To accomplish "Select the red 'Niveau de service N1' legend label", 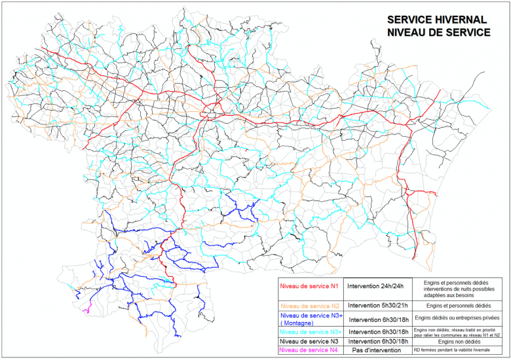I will click(x=309, y=286).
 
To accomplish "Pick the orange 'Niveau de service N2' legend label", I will click(x=309, y=306).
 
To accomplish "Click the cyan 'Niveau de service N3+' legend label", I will click(x=309, y=332).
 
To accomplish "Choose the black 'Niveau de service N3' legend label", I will click(x=309, y=342).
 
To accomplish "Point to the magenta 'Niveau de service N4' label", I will click(x=309, y=351).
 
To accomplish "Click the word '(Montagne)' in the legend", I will click(x=297, y=323).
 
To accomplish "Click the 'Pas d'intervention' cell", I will click(x=375, y=351).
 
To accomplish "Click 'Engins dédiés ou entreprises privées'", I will click(x=458, y=317).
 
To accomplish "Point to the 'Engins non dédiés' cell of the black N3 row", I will click(x=458, y=342).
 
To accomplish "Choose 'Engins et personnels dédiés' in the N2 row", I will click(x=458, y=306).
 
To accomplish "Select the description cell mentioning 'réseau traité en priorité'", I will click(x=458, y=332).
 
